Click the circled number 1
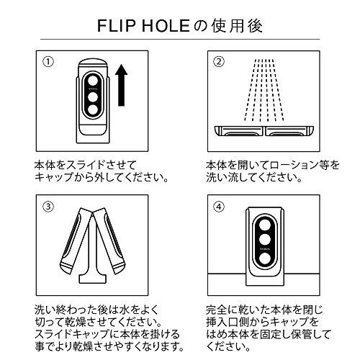coord(48,60)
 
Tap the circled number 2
coord(219,60)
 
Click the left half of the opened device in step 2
coord(241,130)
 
